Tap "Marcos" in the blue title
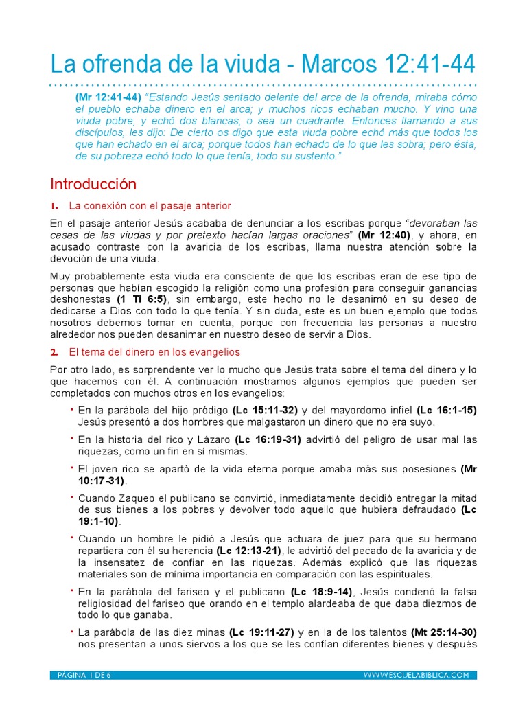[334, 65]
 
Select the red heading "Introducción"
[93, 184]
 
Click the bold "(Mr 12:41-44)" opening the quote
[108, 97]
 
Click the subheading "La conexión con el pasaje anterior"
[150, 206]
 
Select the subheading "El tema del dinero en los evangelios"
[154, 352]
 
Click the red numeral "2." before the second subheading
[54, 352]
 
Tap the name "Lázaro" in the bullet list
[213, 439]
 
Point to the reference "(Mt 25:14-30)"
[444, 632]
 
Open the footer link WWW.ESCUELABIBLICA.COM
[416, 675]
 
